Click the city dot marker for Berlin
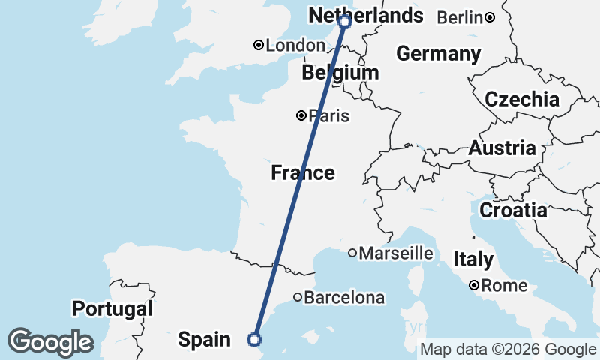click(x=489, y=17)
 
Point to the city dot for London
click(x=259, y=46)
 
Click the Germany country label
click(x=439, y=54)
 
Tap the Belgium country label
click(x=340, y=73)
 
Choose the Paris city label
click(x=329, y=116)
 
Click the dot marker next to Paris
click(x=301, y=115)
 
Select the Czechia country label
click(x=522, y=99)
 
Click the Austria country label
click(x=502, y=148)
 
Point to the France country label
click(x=303, y=173)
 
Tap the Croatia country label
click(x=513, y=211)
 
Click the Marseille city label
click(x=396, y=253)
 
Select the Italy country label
click(x=473, y=259)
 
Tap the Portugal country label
click(x=112, y=308)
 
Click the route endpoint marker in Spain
click(x=255, y=340)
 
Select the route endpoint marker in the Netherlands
click(x=345, y=22)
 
